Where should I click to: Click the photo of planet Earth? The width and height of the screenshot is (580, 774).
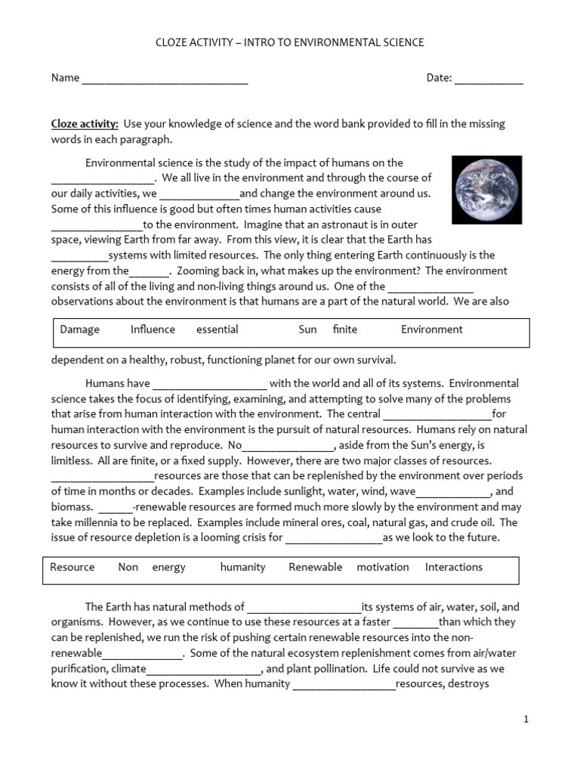click(486, 190)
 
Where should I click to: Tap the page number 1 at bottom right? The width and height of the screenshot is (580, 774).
click(526, 720)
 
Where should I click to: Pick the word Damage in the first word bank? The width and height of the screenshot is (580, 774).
click(79, 330)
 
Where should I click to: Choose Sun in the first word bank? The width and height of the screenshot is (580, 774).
click(307, 330)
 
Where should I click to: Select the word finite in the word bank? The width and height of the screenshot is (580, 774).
click(344, 330)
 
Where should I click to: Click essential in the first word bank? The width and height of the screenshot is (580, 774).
click(217, 330)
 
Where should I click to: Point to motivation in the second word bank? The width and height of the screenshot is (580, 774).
click(383, 568)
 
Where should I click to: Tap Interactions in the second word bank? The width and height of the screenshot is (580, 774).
click(453, 568)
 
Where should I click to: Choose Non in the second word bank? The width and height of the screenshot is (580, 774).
click(128, 568)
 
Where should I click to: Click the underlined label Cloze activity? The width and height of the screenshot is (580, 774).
click(85, 124)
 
